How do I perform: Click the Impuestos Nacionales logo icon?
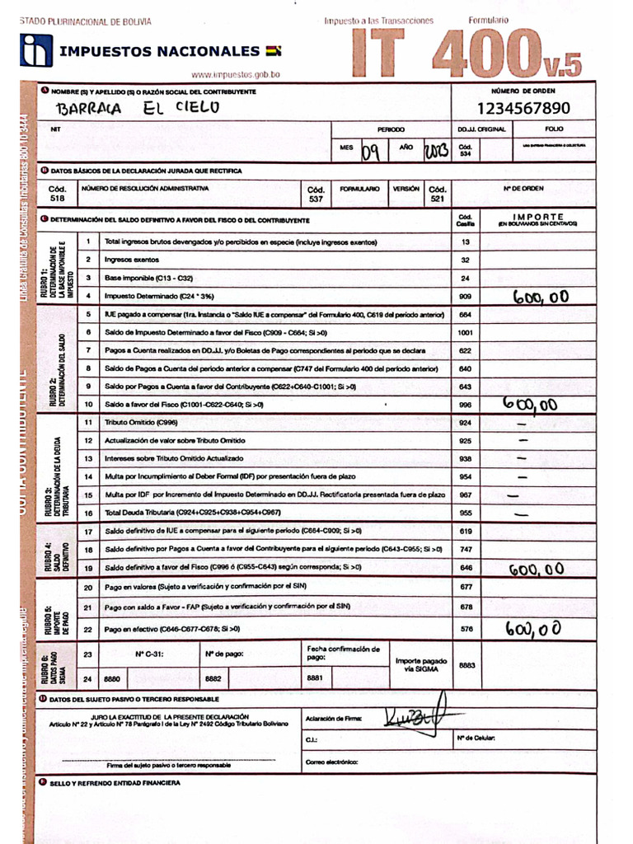pyautogui.click(x=35, y=50)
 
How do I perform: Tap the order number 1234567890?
pyautogui.click(x=523, y=108)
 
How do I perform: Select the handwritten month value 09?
pyautogui.click(x=371, y=149)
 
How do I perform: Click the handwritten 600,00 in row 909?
pyautogui.click(x=540, y=297)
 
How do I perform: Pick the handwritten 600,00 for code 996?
pyautogui.click(x=530, y=403)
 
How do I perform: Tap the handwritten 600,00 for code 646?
pyautogui.click(x=536, y=568)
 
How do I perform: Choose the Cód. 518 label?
pyautogui.click(x=57, y=193)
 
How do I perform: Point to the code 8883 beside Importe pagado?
pyautogui.click(x=467, y=664)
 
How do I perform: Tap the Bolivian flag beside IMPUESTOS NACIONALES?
pyautogui.click(x=274, y=51)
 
